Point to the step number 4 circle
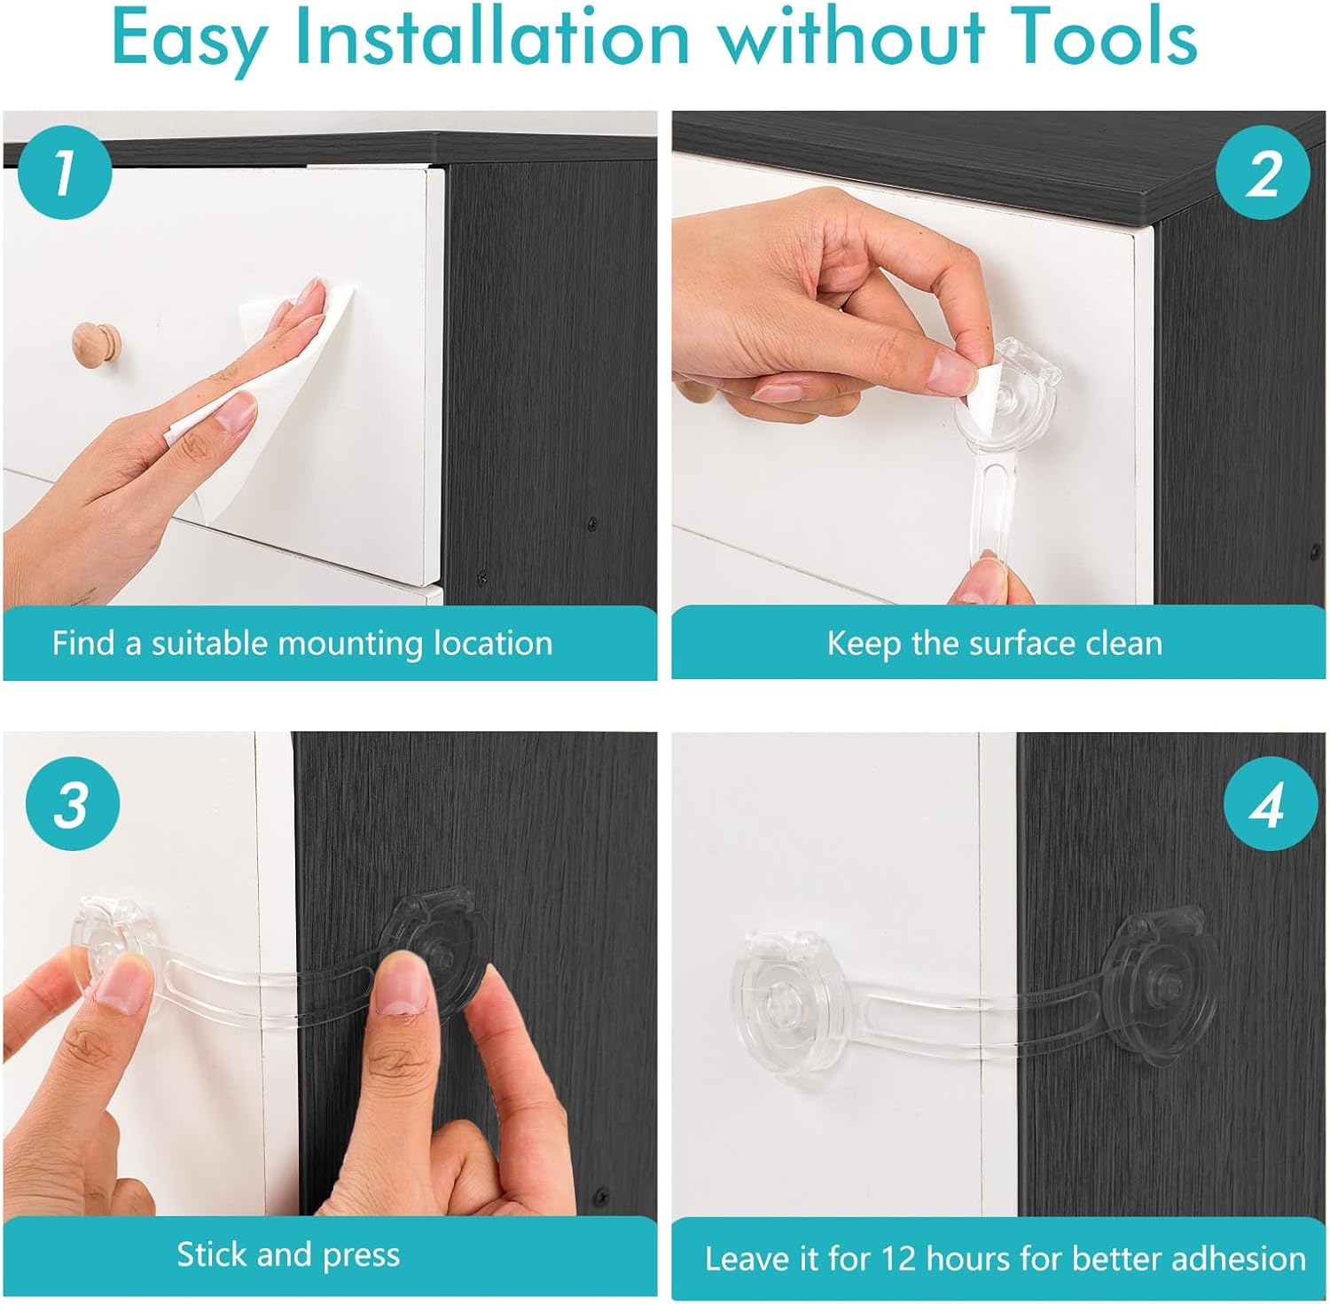pos(1269,805)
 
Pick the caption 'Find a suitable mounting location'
pos(302,643)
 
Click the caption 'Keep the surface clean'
pos(995,643)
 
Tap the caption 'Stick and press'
pos(288,1255)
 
